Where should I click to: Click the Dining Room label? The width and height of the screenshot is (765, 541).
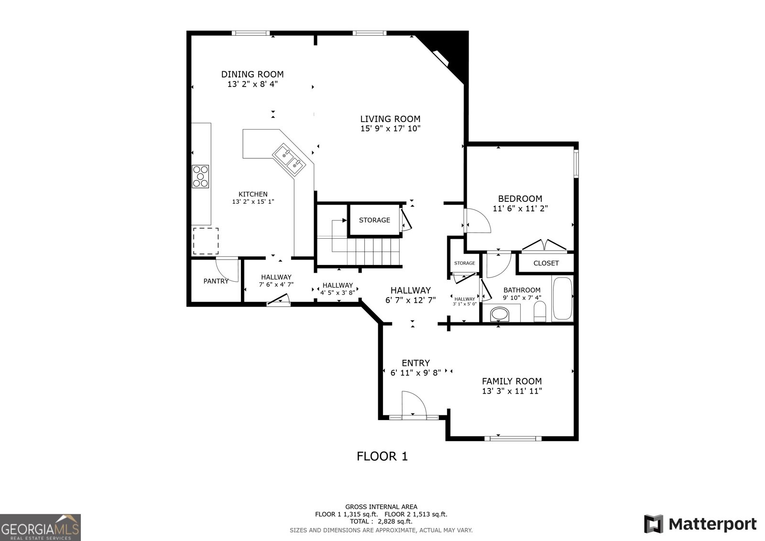(252, 74)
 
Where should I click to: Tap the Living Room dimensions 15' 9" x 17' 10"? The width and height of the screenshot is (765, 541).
(390, 129)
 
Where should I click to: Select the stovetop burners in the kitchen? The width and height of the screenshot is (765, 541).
(201, 176)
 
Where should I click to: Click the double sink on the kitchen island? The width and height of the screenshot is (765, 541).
(289, 159)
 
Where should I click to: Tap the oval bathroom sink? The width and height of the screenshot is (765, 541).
(500, 314)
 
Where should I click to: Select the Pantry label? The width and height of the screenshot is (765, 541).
(216, 281)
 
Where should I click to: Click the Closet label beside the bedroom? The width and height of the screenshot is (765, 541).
(546, 263)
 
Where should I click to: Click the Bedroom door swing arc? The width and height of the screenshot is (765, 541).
(478, 221)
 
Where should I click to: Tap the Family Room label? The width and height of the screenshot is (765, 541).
(512, 381)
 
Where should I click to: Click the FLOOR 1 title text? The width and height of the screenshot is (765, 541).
(382, 456)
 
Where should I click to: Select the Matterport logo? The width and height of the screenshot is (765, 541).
(700, 524)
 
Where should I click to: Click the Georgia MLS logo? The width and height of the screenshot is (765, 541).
(40, 528)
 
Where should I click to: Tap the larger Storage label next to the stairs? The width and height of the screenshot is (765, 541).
(374, 220)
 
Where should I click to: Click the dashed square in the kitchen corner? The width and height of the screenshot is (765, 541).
(206, 241)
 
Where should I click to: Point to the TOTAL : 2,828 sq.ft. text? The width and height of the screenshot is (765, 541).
(381, 521)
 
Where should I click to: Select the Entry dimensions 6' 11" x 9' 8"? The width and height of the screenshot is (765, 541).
(415, 373)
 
